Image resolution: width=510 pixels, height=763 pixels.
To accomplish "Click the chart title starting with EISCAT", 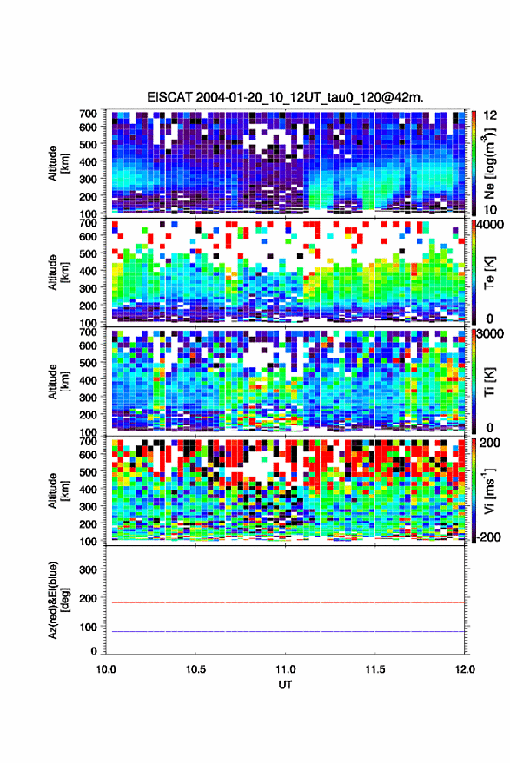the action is click(x=285, y=97).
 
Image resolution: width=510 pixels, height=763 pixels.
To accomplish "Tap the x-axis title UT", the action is click(x=285, y=685).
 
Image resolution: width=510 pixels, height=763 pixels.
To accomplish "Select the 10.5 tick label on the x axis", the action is click(x=195, y=669).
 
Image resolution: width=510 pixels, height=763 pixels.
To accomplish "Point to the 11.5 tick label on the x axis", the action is click(x=374, y=669).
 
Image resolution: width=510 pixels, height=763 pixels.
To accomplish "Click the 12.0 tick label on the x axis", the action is click(x=465, y=669).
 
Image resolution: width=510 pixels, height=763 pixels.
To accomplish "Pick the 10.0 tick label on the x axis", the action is click(x=106, y=669).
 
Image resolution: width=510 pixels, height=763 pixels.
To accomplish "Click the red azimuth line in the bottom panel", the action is click(x=285, y=602).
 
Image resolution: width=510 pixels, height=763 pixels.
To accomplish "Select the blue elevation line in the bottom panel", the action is click(x=285, y=631).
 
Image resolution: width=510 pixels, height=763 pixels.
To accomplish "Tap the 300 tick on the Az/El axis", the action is click(x=88, y=569).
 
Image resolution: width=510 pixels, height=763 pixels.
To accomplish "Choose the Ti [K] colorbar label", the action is click(x=489, y=382).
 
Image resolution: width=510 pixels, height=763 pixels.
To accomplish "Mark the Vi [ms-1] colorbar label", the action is click(x=489, y=490).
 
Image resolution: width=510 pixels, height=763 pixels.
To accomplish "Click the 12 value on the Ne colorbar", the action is click(x=491, y=115).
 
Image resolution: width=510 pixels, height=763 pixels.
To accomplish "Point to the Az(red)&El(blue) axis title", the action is click(x=59, y=600).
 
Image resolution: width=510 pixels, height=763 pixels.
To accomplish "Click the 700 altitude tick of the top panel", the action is click(x=88, y=114).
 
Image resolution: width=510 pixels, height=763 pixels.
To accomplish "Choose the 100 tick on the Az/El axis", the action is click(x=88, y=627).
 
